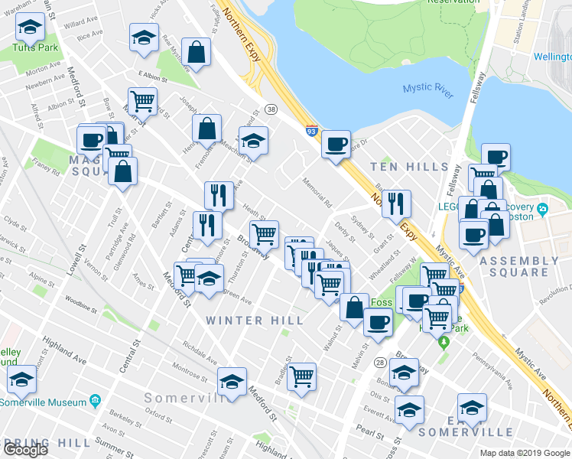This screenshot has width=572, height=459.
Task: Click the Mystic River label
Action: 427,93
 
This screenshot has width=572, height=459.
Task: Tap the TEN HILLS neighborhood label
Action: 409,167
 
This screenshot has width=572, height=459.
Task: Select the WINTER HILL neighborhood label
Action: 255,321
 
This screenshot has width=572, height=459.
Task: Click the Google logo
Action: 25,449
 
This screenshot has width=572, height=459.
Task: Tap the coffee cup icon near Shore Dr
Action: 335,143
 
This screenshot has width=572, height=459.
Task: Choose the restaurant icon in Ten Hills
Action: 396,203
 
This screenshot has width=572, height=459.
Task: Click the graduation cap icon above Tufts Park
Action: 31,28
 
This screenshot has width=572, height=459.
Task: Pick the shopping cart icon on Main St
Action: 142,100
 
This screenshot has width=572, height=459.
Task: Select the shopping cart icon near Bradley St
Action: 302,376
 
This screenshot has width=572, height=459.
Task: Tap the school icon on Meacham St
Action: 253,140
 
